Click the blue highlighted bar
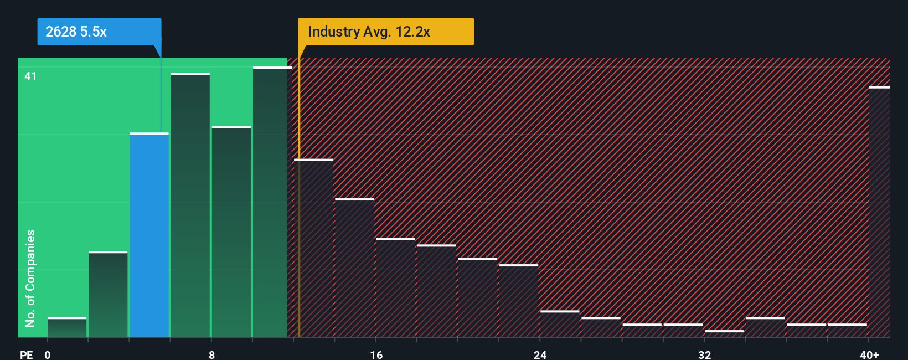tap(149, 235)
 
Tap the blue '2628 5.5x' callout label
tap(99, 32)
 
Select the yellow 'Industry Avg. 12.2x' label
tap(385, 32)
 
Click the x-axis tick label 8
tap(211, 354)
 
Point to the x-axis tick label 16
tap(376, 354)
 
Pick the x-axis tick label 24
tap(540, 354)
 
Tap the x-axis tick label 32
tap(704, 354)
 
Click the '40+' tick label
tap(869, 354)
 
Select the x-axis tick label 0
tap(48, 354)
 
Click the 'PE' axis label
tap(27, 354)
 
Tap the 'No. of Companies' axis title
tap(30, 278)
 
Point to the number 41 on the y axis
tap(30, 76)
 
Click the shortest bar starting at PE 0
tap(67, 327)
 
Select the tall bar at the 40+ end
tap(879, 212)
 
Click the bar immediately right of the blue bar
tap(190, 205)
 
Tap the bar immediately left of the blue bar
tap(108, 294)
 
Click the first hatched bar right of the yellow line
tap(314, 248)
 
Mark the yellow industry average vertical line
tap(299, 194)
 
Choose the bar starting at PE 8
tap(231, 232)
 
